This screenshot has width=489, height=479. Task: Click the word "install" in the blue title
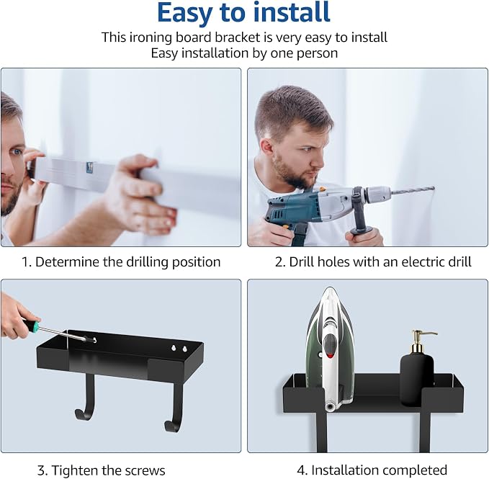292,12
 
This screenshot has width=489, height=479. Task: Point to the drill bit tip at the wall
433,188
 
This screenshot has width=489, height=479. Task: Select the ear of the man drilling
267,148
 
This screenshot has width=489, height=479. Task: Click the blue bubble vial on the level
90,167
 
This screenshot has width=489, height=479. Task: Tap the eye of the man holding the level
17,152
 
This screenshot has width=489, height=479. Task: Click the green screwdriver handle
32,325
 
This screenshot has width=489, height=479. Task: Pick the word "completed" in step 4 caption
412,470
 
